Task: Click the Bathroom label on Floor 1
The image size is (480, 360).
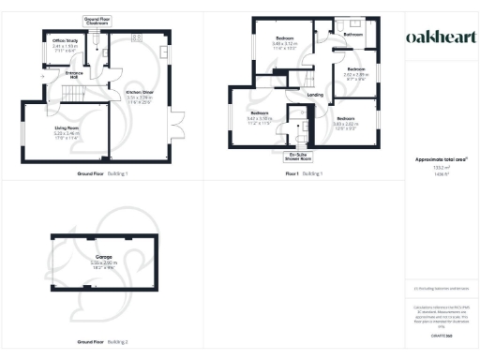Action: pyautogui.click(x=353, y=35)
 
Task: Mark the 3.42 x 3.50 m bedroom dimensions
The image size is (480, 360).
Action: pyautogui.click(x=259, y=118)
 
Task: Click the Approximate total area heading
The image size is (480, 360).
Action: pyautogui.click(x=436, y=159)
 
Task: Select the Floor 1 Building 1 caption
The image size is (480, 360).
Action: pyautogui.click(x=305, y=174)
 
